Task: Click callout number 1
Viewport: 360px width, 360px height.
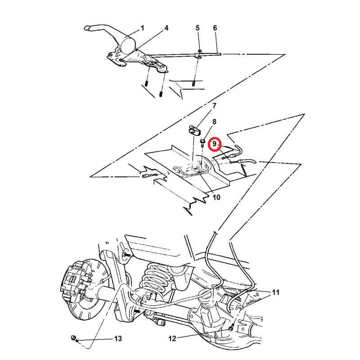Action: (142, 28)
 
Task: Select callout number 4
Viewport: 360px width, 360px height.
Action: (166, 28)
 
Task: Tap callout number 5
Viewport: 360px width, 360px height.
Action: (198, 28)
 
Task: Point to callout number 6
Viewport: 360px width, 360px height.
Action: (215, 28)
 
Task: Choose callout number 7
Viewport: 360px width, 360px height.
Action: (214, 106)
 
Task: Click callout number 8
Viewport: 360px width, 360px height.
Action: (214, 121)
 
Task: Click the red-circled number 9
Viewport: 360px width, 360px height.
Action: (215, 144)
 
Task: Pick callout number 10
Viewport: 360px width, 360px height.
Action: (216, 197)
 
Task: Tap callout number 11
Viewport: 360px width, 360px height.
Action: (276, 292)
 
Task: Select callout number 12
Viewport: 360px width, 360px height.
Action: (172, 338)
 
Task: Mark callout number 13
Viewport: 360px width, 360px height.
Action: (118, 338)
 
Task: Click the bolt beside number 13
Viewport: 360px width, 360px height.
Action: (74, 338)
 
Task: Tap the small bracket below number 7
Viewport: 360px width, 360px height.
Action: (194, 130)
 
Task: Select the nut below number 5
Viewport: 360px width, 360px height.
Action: (199, 51)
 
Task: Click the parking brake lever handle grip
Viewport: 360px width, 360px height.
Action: (92, 28)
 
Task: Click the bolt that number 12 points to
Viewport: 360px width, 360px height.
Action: (231, 328)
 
